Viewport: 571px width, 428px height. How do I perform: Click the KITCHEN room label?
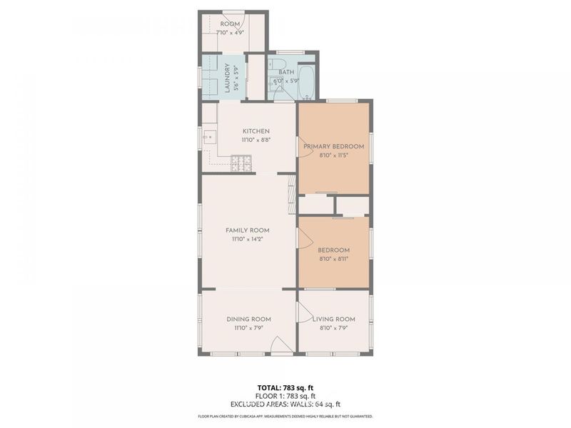point(256,131)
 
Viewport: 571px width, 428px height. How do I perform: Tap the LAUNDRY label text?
point(228,79)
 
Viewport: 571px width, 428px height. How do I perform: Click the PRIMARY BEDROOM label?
point(333,147)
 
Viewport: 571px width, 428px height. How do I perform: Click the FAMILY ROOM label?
point(247,230)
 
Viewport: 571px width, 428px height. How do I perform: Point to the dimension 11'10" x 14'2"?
point(247,240)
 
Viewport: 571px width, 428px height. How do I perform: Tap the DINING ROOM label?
point(248,319)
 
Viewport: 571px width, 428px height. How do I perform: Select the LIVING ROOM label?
point(333,319)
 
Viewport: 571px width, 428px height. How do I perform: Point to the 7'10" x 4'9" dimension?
point(230,32)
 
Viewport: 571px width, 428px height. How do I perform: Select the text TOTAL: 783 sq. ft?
point(285,387)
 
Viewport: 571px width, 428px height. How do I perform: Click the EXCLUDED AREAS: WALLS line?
point(285,404)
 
